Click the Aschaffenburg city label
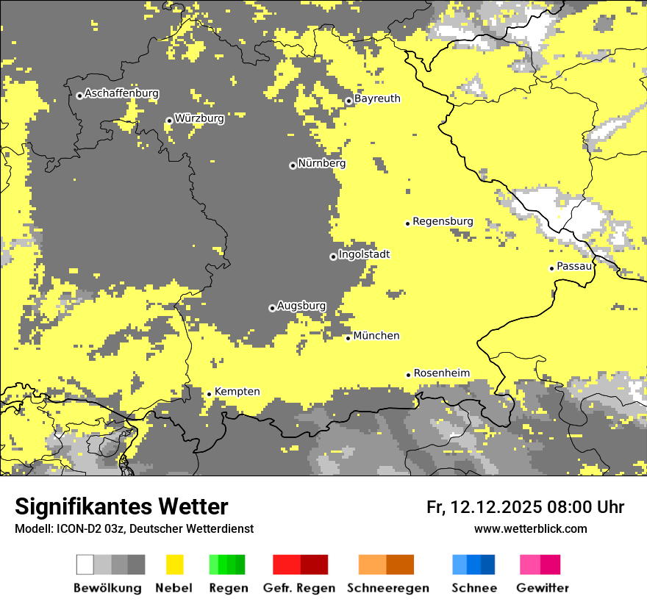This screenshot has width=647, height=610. click(121, 93)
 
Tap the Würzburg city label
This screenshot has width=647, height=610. click(199, 118)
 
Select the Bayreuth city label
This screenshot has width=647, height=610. click(377, 98)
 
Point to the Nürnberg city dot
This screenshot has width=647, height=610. click(293, 165)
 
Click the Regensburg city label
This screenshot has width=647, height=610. click(443, 221)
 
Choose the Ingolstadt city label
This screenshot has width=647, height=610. click(364, 254)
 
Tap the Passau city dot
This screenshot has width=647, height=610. click(551, 268)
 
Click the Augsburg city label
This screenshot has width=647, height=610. click(301, 306)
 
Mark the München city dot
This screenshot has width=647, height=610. click(348, 338)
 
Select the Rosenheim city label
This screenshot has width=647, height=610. click(441, 373)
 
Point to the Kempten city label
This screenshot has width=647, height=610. click(237, 392)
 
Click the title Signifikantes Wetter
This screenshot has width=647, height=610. click(121, 507)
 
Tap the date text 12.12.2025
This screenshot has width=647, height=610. click(496, 507)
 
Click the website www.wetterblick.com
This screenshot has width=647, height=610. click(530, 529)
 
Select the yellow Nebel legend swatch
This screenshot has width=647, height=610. click(174, 564)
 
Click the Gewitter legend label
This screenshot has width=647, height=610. click(542, 588)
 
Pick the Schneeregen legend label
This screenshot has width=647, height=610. click(388, 588)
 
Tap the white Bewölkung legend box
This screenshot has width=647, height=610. click(85, 564)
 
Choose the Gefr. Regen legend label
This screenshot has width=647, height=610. click(299, 588)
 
